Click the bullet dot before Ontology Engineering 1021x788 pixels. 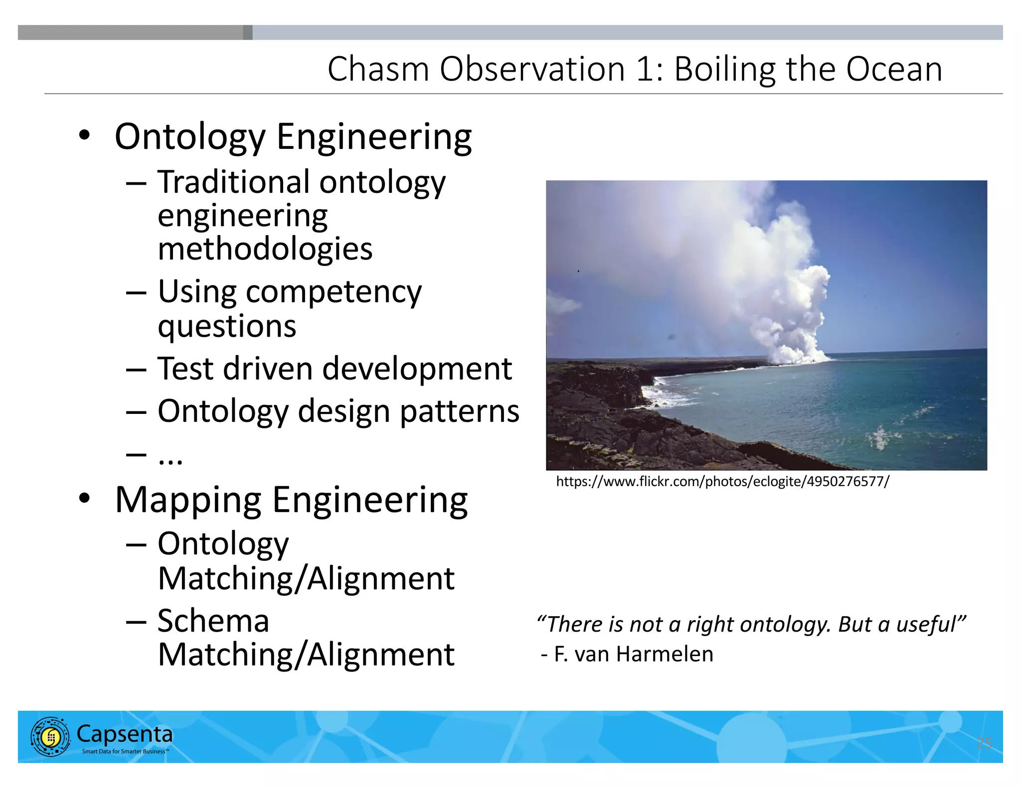click(x=85, y=135)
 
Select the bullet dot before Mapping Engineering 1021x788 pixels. click(x=85, y=498)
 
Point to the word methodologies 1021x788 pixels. click(x=265, y=249)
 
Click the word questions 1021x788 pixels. click(x=227, y=327)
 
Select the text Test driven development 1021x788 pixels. click(x=335, y=369)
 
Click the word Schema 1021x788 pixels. click(x=213, y=621)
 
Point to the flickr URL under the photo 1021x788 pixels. click(x=722, y=482)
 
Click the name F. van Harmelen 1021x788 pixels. click(x=633, y=654)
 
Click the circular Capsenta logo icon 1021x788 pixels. click(x=50, y=737)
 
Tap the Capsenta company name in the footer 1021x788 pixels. click(x=125, y=734)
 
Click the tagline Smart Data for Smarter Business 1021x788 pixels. click(x=125, y=751)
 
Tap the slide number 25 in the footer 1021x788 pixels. click(x=984, y=743)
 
